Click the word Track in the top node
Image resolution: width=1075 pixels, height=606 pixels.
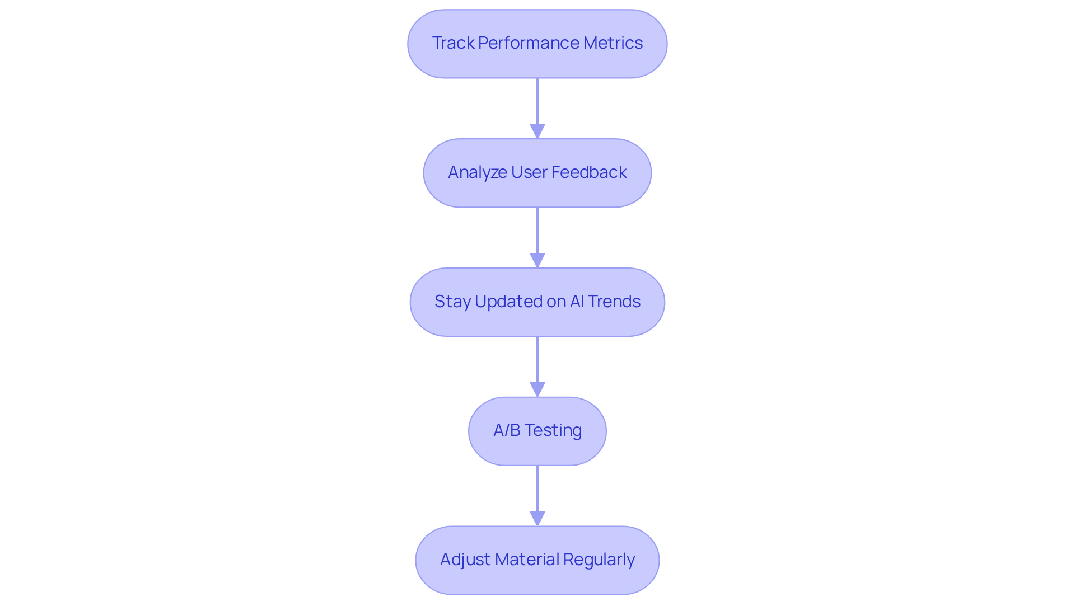(453, 43)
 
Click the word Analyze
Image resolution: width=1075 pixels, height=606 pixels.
(477, 172)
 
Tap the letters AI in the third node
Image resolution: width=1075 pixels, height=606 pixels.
(577, 302)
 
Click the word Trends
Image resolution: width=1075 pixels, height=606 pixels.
(614, 302)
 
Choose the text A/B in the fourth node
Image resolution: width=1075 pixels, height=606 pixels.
(506, 430)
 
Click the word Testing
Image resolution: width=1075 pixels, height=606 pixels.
(553, 430)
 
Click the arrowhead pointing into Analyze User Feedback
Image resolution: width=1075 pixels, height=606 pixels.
(537, 131)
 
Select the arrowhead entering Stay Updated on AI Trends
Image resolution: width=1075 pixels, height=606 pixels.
(537, 260)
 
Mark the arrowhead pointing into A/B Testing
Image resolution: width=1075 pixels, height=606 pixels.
(537, 389)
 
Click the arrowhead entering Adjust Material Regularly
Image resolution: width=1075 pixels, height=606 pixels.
(537, 518)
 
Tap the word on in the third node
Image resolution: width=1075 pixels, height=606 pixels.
(556, 302)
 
